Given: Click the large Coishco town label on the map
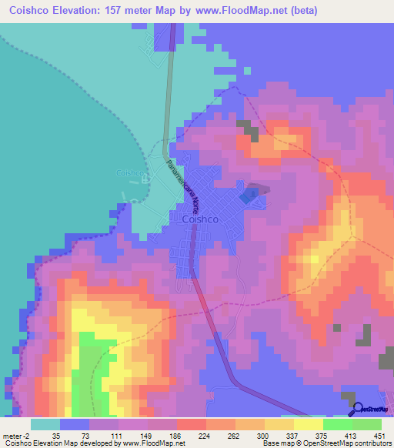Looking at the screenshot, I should coord(203,219).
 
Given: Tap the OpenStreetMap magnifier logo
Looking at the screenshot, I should coord(356,408).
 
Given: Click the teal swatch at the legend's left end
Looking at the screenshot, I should coord(45,424).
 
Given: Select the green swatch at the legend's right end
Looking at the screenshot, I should coord(366,424).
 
